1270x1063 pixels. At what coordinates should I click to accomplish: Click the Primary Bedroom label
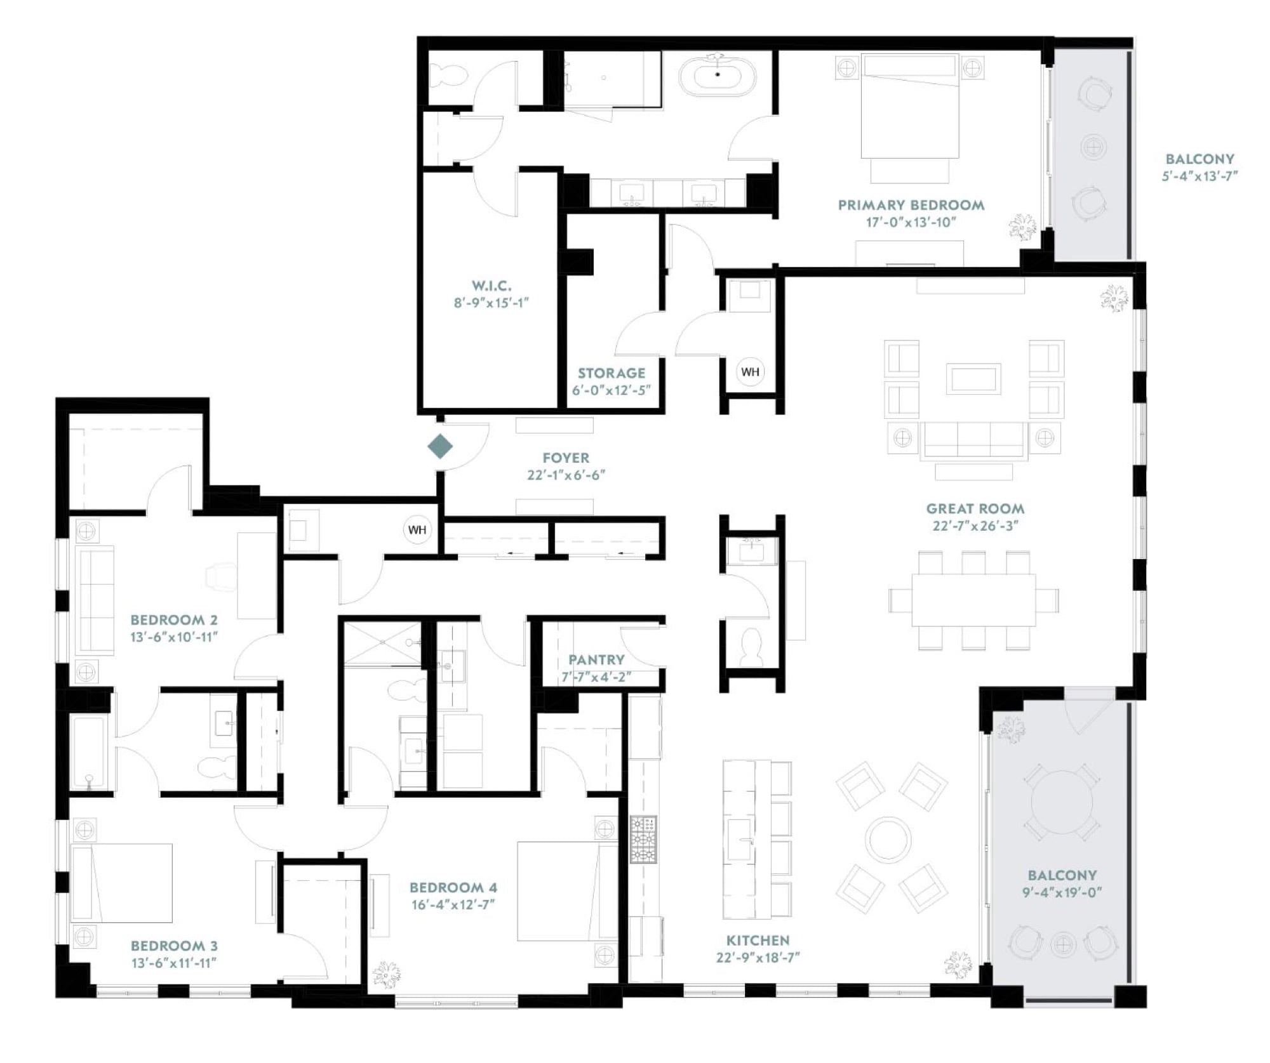click(x=911, y=205)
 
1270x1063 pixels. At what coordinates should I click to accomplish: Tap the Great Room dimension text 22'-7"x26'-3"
click(x=975, y=525)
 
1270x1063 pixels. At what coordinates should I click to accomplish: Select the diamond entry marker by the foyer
click(x=440, y=446)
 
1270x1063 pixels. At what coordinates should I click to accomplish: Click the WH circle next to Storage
click(x=750, y=372)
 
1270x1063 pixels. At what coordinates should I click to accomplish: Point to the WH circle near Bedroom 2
click(x=417, y=530)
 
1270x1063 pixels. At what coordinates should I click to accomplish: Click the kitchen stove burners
click(x=643, y=840)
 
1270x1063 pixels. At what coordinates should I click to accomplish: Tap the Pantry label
click(x=596, y=660)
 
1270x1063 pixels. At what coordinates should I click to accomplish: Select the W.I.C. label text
click(x=491, y=286)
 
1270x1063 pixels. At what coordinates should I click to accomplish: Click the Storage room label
click(x=612, y=373)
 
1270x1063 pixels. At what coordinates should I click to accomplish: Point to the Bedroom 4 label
click(x=453, y=887)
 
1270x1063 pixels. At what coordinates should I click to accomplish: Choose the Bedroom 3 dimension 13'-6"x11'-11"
click(x=174, y=963)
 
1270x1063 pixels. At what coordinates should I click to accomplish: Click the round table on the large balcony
click(x=1062, y=802)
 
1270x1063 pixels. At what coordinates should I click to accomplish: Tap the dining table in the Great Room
click(x=973, y=600)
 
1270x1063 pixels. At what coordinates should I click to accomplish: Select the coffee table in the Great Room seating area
click(x=973, y=379)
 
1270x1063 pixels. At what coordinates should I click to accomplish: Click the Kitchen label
click(x=758, y=941)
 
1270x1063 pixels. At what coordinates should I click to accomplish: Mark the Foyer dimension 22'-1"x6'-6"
click(x=566, y=475)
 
